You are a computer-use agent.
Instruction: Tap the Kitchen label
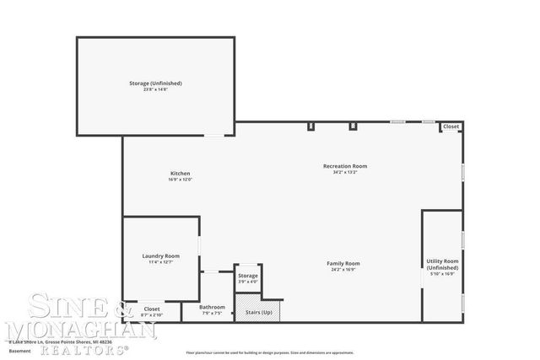[181, 174]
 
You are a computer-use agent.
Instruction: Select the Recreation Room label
[345, 166]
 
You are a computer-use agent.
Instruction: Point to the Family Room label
[343, 264]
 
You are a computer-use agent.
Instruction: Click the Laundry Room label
[160, 255]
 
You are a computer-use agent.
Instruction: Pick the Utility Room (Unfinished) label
[442, 264]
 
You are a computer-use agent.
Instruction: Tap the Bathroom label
[212, 307]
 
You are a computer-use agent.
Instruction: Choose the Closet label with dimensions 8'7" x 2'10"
[152, 309]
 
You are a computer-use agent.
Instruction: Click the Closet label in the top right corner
[451, 126]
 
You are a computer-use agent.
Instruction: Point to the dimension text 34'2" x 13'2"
[345, 172]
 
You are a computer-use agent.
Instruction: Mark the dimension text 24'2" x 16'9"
[343, 270]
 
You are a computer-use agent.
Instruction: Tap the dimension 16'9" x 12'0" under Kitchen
[181, 180]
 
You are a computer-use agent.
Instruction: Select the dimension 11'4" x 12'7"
[160, 261]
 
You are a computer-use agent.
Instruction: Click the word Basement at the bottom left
[19, 352]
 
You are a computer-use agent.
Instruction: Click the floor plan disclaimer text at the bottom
[270, 352]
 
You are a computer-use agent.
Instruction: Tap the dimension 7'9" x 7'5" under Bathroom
[212, 313]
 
